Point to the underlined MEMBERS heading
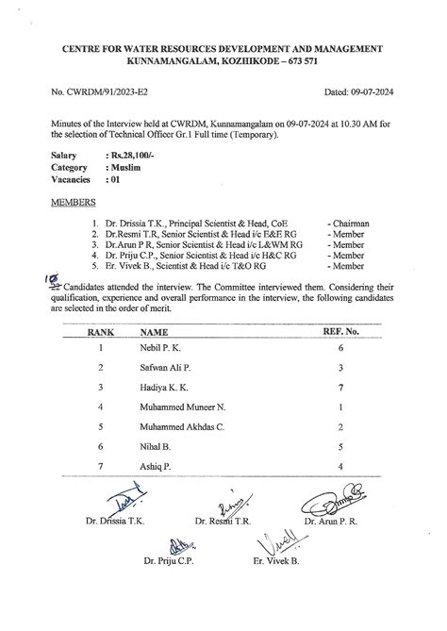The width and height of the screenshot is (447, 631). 73,202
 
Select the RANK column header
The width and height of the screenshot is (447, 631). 101,332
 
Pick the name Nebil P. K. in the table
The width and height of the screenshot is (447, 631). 160,348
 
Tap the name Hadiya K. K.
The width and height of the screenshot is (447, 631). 163,388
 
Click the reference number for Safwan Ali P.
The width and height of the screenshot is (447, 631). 339,368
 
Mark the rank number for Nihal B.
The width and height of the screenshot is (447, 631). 101,447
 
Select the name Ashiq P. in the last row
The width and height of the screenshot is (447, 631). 155,467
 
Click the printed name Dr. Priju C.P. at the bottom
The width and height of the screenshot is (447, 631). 169,562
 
